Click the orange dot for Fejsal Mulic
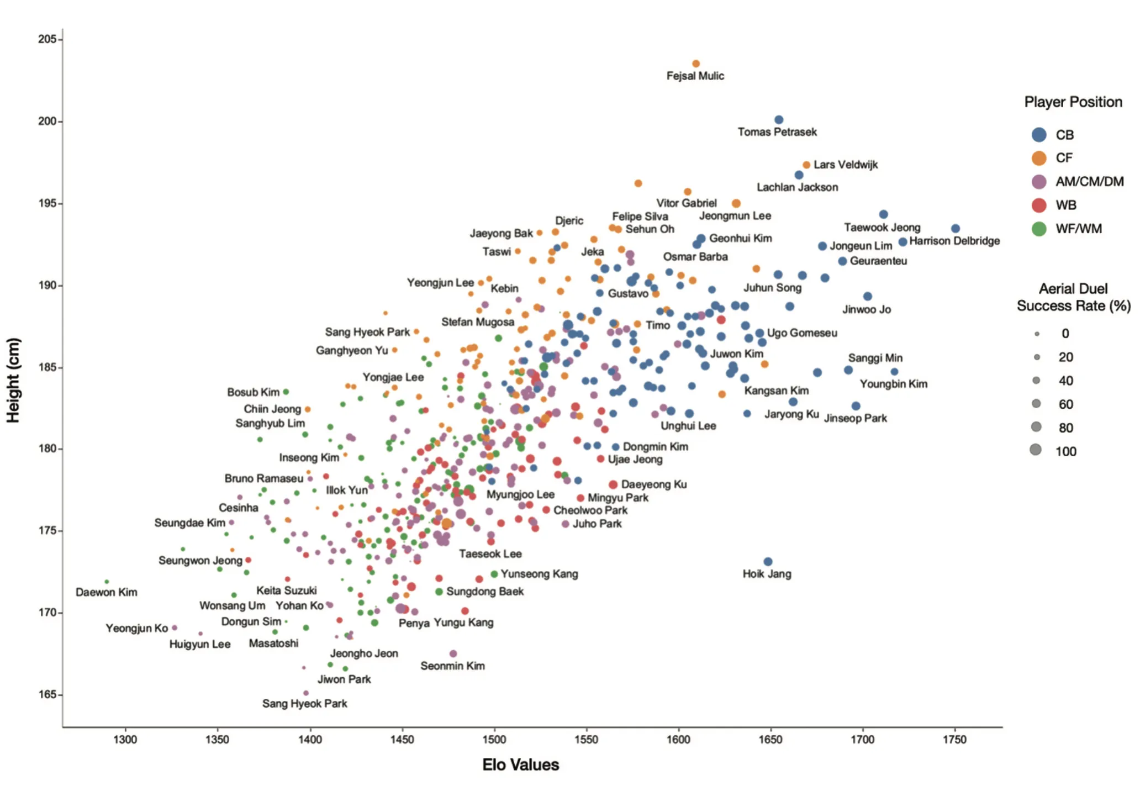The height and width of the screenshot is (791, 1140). [x=696, y=64]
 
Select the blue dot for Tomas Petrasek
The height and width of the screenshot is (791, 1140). [x=779, y=120]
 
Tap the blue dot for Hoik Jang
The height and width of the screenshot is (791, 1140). [x=768, y=562]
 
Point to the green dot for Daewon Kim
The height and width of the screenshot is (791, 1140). [x=107, y=582]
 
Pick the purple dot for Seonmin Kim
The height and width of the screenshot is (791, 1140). [x=453, y=654]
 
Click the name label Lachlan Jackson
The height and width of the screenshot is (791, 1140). [x=797, y=187]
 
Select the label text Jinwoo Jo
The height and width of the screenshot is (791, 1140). [x=866, y=309]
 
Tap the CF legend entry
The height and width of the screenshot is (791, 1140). [x=1063, y=158]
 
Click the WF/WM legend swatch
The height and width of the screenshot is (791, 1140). [x=1039, y=229]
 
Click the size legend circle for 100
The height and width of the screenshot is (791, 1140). [x=1036, y=450]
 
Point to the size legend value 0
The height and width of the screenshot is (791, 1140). [x=1065, y=334]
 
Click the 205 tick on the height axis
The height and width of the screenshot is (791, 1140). [x=47, y=39]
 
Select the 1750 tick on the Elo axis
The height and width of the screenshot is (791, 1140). [x=954, y=740]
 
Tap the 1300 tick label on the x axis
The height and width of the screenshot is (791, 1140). [x=125, y=740]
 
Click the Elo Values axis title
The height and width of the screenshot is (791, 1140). [x=520, y=764]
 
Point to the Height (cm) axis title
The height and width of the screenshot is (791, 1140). [x=13, y=380]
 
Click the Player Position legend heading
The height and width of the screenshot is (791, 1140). [x=1073, y=102]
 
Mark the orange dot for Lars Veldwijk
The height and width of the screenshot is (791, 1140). [x=806, y=165]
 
